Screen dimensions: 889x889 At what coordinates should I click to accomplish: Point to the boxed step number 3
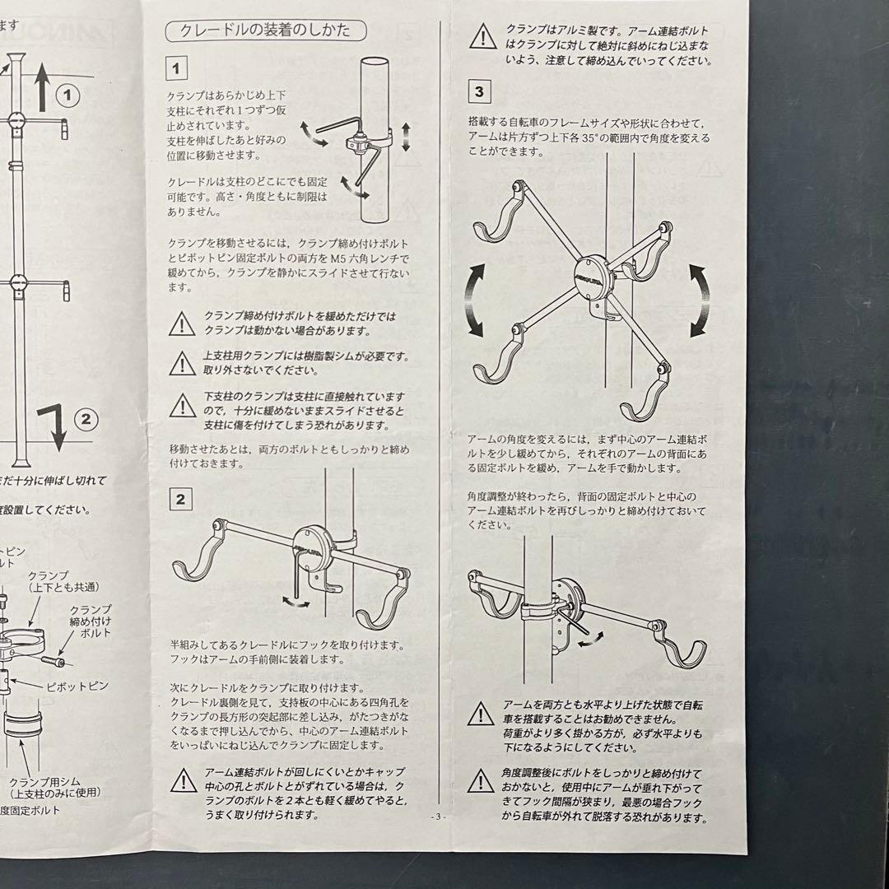coord(479,90)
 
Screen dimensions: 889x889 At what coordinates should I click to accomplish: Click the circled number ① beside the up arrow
coord(72,95)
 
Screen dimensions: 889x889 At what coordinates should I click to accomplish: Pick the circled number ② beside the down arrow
coord(84,421)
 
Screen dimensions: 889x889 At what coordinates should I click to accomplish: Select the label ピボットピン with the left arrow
coord(77,686)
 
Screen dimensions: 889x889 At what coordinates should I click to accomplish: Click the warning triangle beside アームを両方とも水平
coord(480,714)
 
